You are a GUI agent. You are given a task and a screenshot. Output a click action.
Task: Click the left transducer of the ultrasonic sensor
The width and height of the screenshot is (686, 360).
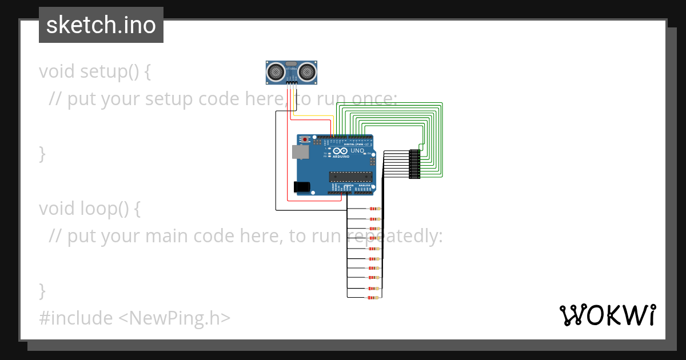[276, 71]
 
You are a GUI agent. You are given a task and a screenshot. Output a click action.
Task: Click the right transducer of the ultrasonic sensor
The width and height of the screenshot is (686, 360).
[308, 71]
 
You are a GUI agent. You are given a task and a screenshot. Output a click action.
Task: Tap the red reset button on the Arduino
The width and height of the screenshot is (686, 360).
[305, 139]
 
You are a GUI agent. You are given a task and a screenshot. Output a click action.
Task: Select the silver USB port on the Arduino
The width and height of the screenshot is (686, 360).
[299, 151]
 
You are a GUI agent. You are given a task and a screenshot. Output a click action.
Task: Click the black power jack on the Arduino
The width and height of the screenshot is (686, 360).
[301, 186]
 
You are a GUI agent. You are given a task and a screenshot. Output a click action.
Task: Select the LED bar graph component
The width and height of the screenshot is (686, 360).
[414, 164]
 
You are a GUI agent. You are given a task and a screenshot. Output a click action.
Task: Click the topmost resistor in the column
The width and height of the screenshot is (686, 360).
[374, 209]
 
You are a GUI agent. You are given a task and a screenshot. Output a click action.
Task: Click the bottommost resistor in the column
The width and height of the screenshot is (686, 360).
[374, 297]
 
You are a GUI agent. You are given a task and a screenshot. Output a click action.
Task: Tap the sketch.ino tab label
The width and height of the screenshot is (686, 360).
[101, 26]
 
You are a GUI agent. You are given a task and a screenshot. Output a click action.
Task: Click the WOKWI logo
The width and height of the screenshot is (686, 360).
[607, 315]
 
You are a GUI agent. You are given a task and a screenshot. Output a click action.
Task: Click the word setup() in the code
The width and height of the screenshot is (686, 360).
[109, 71]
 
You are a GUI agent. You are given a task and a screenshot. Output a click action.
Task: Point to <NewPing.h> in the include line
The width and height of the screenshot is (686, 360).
[174, 318]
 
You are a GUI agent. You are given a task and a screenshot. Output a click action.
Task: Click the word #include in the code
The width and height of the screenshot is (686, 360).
[75, 318]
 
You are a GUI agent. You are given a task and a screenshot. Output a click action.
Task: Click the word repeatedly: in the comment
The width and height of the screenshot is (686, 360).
[394, 236]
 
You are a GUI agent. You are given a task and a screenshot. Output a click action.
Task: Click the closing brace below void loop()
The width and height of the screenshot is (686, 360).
[42, 290]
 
